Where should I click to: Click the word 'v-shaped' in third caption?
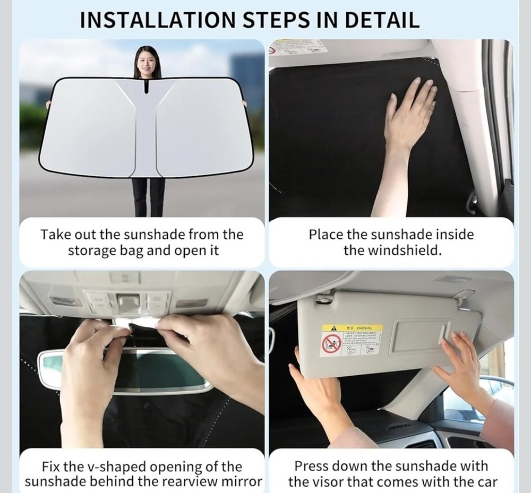(x=116, y=467)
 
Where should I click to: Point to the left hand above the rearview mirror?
(x=93, y=350)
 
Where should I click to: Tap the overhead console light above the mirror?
(x=126, y=302)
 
